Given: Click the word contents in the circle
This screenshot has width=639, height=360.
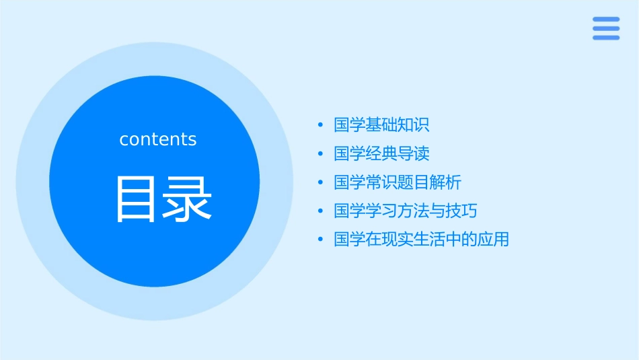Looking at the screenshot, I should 158,139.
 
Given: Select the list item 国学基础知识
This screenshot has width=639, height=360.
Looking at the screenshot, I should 381,125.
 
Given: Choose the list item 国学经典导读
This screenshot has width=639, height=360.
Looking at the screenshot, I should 381,153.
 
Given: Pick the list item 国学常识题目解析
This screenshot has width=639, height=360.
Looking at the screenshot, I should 398,182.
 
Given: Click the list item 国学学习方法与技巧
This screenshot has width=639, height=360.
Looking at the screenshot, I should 406,211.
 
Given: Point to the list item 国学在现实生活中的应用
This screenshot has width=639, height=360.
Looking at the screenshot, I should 421,240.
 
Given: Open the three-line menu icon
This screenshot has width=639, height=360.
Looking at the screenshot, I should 606,28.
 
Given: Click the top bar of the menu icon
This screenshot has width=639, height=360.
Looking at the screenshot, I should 606,20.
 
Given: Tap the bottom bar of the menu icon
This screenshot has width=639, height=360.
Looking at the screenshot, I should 606,38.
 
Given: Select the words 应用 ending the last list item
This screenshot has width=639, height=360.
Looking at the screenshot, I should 493,240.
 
